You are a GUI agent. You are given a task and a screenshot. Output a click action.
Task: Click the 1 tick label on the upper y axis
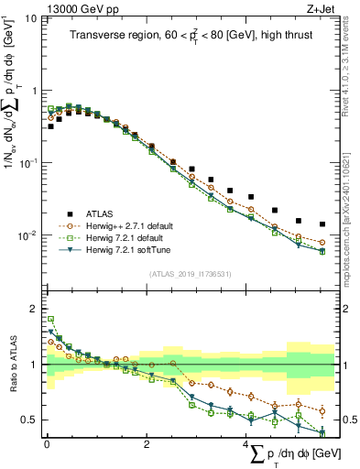[34, 92]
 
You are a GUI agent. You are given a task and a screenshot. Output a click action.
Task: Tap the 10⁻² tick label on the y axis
[28, 236]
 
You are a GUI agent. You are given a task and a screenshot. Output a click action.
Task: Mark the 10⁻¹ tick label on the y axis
[28, 164]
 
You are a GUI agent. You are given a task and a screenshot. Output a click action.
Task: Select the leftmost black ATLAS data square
[50, 126]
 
